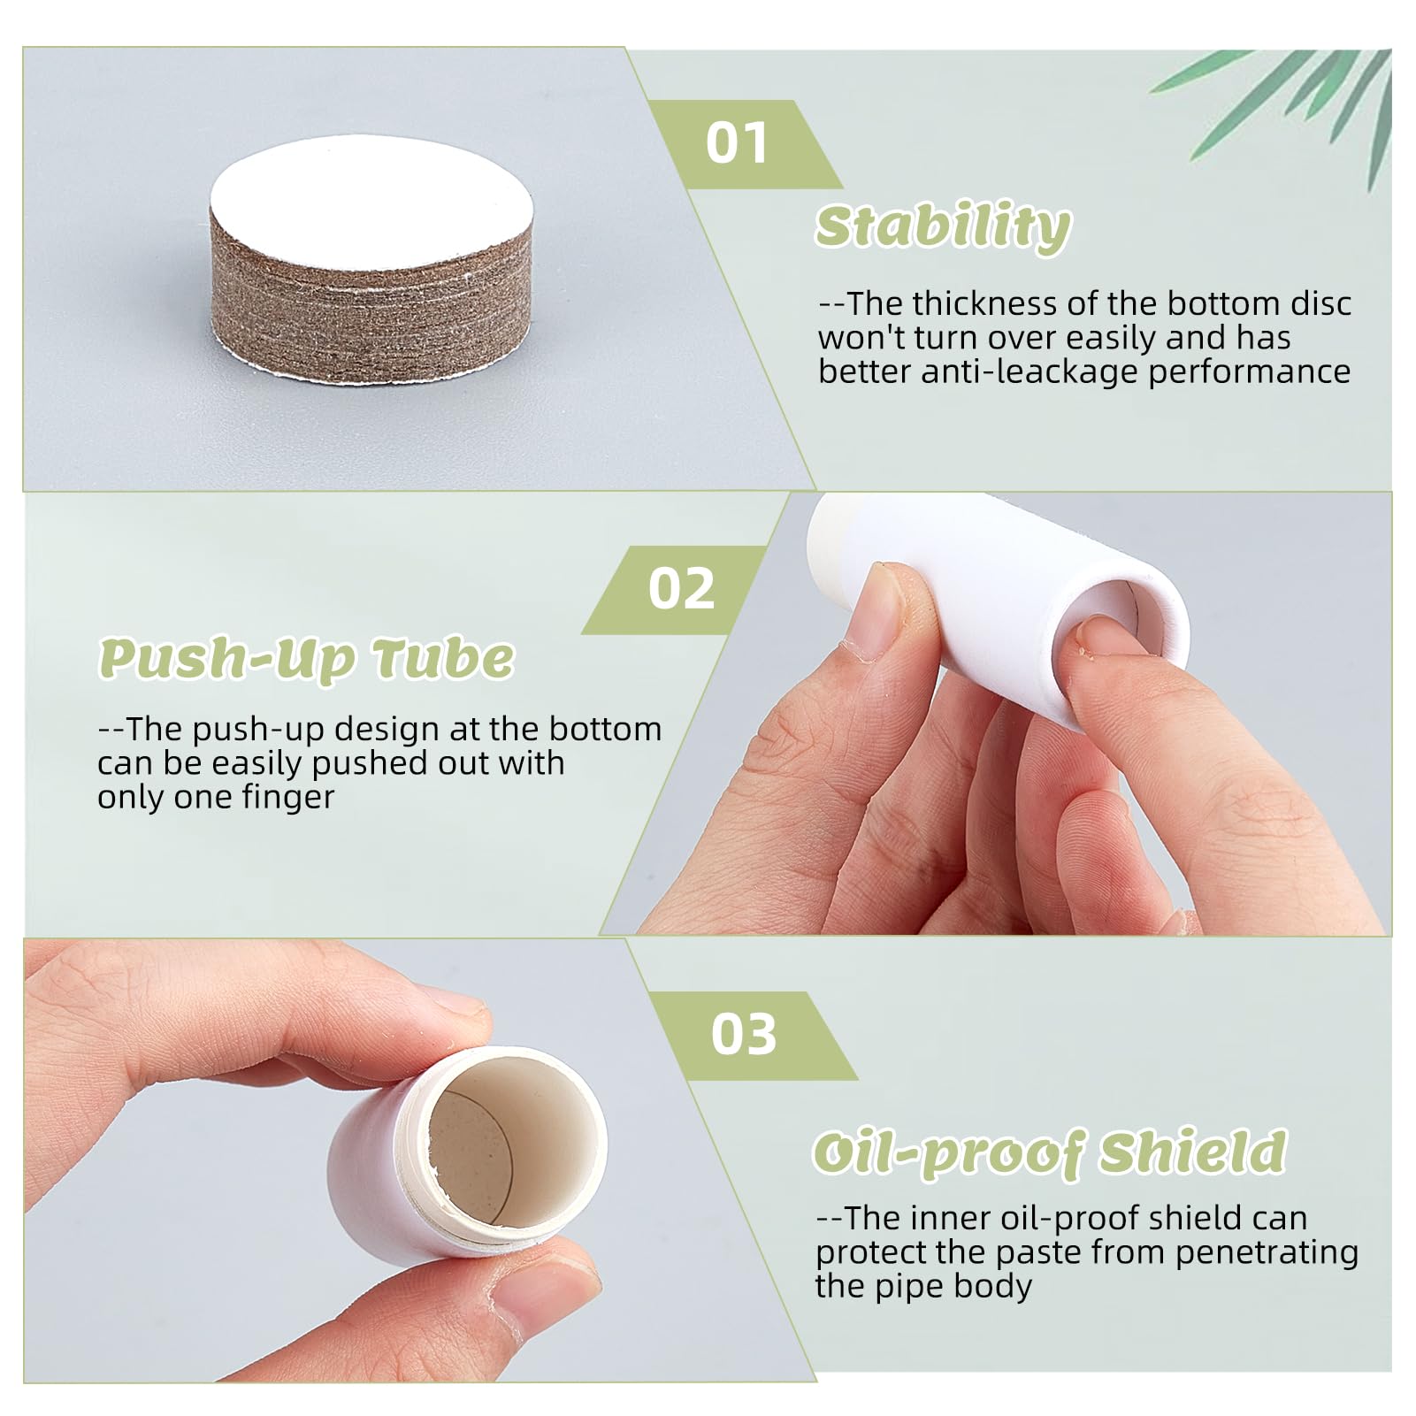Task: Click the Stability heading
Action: tap(943, 227)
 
